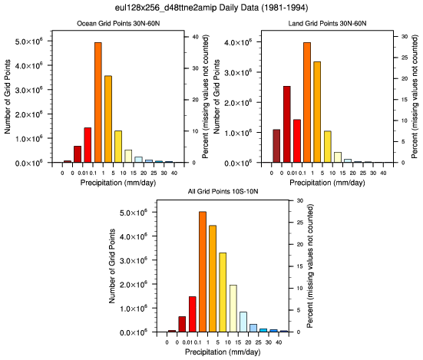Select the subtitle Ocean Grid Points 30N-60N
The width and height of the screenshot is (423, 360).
(x=118, y=24)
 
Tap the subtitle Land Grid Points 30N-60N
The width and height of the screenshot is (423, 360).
(x=327, y=24)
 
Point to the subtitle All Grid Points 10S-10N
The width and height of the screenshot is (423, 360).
(x=223, y=191)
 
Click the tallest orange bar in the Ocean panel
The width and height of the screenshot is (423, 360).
(x=98, y=102)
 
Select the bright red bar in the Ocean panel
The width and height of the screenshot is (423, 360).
(x=88, y=145)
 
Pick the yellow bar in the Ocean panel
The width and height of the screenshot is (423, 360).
(x=118, y=147)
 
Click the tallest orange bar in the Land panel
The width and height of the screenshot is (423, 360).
(x=307, y=102)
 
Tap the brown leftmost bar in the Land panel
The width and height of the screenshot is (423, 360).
(x=276, y=146)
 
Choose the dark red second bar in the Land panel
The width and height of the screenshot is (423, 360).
(x=287, y=124)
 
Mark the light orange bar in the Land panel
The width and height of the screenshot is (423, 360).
(x=317, y=112)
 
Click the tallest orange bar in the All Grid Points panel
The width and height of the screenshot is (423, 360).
(x=203, y=272)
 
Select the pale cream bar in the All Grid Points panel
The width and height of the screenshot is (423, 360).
(x=233, y=309)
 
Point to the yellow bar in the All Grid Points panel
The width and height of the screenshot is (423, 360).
(x=223, y=292)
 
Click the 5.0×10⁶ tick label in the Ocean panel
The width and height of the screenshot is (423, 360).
(x=29, y=41)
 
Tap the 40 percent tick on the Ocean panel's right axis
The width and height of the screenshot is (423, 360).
(x=195, y=37)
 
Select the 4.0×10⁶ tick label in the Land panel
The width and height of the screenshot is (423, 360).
(x=238, y=43)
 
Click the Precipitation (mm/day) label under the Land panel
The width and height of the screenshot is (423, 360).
(x=327, y=183)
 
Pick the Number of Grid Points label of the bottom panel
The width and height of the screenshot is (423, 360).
(x=112, y=266)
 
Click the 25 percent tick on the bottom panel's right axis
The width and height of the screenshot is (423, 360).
(x=300, y=223)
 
